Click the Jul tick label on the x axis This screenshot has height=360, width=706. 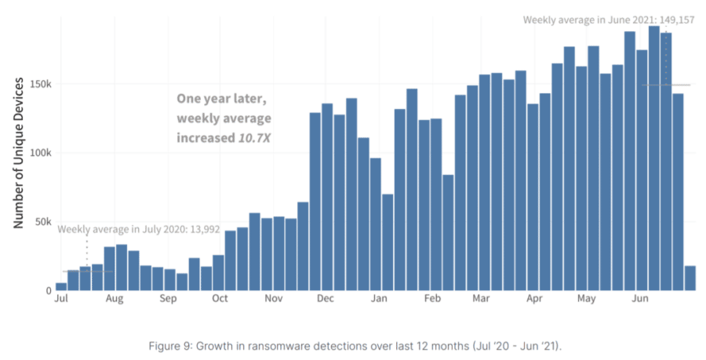[61, 299]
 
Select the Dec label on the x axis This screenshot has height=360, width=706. [326, 299]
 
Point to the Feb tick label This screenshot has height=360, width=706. [432, 299]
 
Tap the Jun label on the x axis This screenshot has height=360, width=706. [640, 299]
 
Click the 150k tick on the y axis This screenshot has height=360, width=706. [39, 84]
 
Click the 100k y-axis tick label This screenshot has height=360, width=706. [39, 153]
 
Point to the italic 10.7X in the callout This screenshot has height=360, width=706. [255, 136]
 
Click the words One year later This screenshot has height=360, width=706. [222, 100]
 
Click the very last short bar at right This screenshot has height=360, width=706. [690, 278]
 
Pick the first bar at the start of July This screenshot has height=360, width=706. [61, 286]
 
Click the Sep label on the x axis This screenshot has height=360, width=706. [167, 299]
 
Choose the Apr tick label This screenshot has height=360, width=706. [534, 299]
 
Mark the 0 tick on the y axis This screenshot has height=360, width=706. [48, 291]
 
